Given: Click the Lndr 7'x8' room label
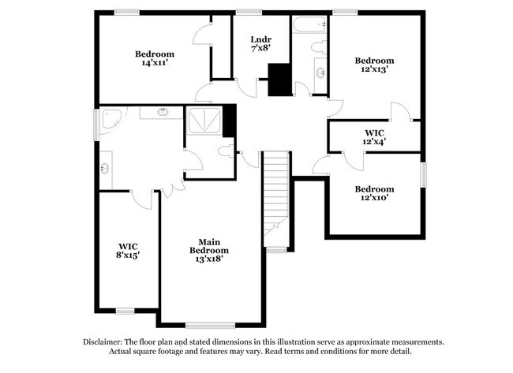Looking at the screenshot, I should [260, 43].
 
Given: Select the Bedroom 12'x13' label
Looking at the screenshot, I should [373, 65].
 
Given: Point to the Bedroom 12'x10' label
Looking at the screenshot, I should [373, 193].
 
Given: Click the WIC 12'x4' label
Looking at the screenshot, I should [374, 136].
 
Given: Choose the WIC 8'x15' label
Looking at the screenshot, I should [128, 250].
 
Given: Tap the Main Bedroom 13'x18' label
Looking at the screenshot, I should [208, 251].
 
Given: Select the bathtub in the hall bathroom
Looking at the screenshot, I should [309, 25].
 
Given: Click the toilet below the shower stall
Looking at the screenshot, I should [227, 149].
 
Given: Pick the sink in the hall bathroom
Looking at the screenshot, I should [320, 74].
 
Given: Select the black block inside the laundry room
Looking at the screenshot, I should [279, 80].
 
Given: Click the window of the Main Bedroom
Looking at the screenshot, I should [210, 324].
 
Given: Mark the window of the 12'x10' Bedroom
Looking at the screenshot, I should [423, 173].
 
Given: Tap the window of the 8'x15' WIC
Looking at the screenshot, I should [125, 311].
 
